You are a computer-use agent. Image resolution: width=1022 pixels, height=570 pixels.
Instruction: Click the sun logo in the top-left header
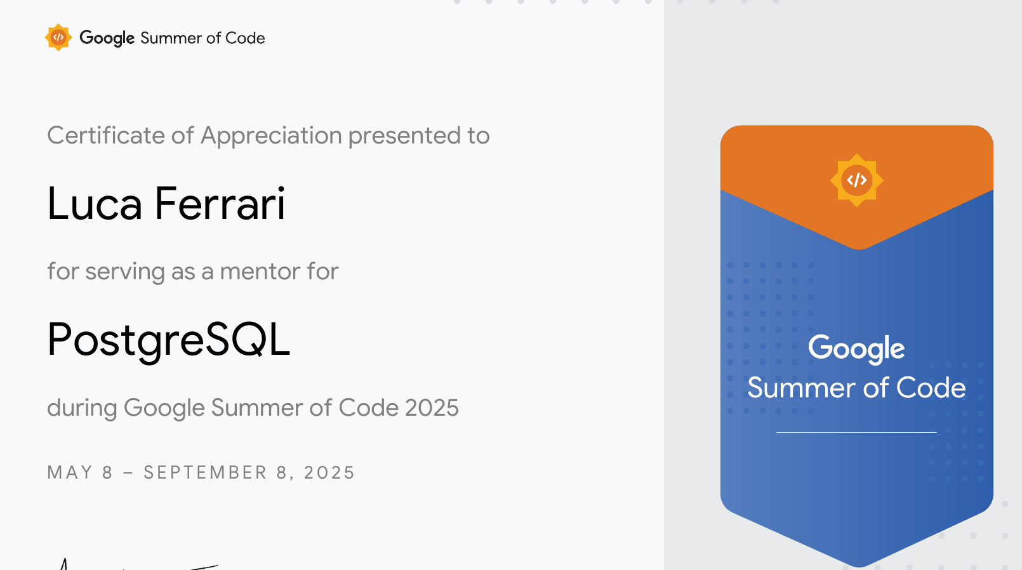click(x=58, y=37)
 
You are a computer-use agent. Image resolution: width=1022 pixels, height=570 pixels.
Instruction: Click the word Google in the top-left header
click(x=107, y=38)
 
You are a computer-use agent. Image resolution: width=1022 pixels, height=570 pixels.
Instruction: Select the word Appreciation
click(x=271, y=136)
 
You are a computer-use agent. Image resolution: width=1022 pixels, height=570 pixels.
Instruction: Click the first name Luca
click(x=95, y=204)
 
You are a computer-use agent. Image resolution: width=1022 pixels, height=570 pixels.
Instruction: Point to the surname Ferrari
click(x=220, y=204)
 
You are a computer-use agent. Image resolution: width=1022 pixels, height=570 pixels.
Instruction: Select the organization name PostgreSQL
click(x=168, y=340)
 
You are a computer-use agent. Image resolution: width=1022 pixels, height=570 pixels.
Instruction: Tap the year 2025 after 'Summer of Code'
click(x=432, y=408)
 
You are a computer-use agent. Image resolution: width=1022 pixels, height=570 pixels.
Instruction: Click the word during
click(x=82, y=408)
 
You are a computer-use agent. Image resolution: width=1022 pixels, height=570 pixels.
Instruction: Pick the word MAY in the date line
click(x=70, y=473)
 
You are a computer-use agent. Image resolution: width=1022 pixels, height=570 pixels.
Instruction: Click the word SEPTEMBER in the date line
click(x=205, y=473)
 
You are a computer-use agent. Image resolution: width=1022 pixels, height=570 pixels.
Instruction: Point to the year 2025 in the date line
click(x=329, y=473)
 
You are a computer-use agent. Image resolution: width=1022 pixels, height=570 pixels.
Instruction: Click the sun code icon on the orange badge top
click(x=856, y=180)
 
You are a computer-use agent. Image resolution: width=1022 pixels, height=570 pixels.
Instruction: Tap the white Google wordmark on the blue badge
click(x=856, y=348)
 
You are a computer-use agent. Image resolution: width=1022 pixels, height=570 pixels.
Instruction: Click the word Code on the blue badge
click(x=931, y=388)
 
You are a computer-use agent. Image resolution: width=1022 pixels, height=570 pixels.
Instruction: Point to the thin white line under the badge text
click(x=856, y=432)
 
